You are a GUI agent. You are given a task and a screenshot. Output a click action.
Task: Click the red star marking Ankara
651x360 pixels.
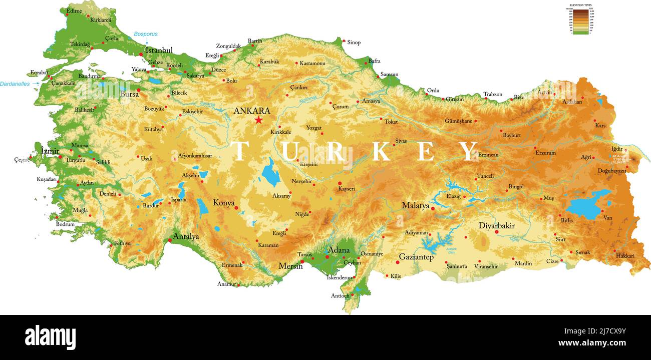point(258,120)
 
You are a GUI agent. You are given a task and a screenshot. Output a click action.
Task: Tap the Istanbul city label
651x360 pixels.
point(159,50)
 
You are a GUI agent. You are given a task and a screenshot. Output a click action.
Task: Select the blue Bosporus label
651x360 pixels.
point(145,34)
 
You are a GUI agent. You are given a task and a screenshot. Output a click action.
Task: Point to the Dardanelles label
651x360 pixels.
point(15,84)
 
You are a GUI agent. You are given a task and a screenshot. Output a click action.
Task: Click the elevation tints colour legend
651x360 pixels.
point(581,20)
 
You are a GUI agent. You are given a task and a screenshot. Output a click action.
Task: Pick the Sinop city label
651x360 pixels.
point(354,43)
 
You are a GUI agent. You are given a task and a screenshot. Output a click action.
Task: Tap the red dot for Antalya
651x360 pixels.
point(170,241)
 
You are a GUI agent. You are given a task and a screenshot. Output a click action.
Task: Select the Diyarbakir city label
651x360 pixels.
point(496,225)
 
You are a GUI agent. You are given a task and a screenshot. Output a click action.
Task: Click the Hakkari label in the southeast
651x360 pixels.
point(625,256)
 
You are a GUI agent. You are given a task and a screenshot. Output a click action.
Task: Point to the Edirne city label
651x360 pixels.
point(74,11)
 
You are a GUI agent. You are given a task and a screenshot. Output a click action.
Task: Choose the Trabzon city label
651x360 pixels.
point(493,94)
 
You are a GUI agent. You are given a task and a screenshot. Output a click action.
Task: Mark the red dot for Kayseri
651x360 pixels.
point(340,183)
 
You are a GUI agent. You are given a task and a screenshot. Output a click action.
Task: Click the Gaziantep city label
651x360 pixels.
point(416,257)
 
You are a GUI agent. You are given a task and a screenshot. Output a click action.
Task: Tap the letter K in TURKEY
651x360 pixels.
point(381,151)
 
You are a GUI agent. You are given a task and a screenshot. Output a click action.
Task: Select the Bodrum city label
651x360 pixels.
point(65,224)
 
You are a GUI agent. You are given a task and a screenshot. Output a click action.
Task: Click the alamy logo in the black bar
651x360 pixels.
point(50,337)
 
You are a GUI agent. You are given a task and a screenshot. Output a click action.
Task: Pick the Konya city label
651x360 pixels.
point(223,203)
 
